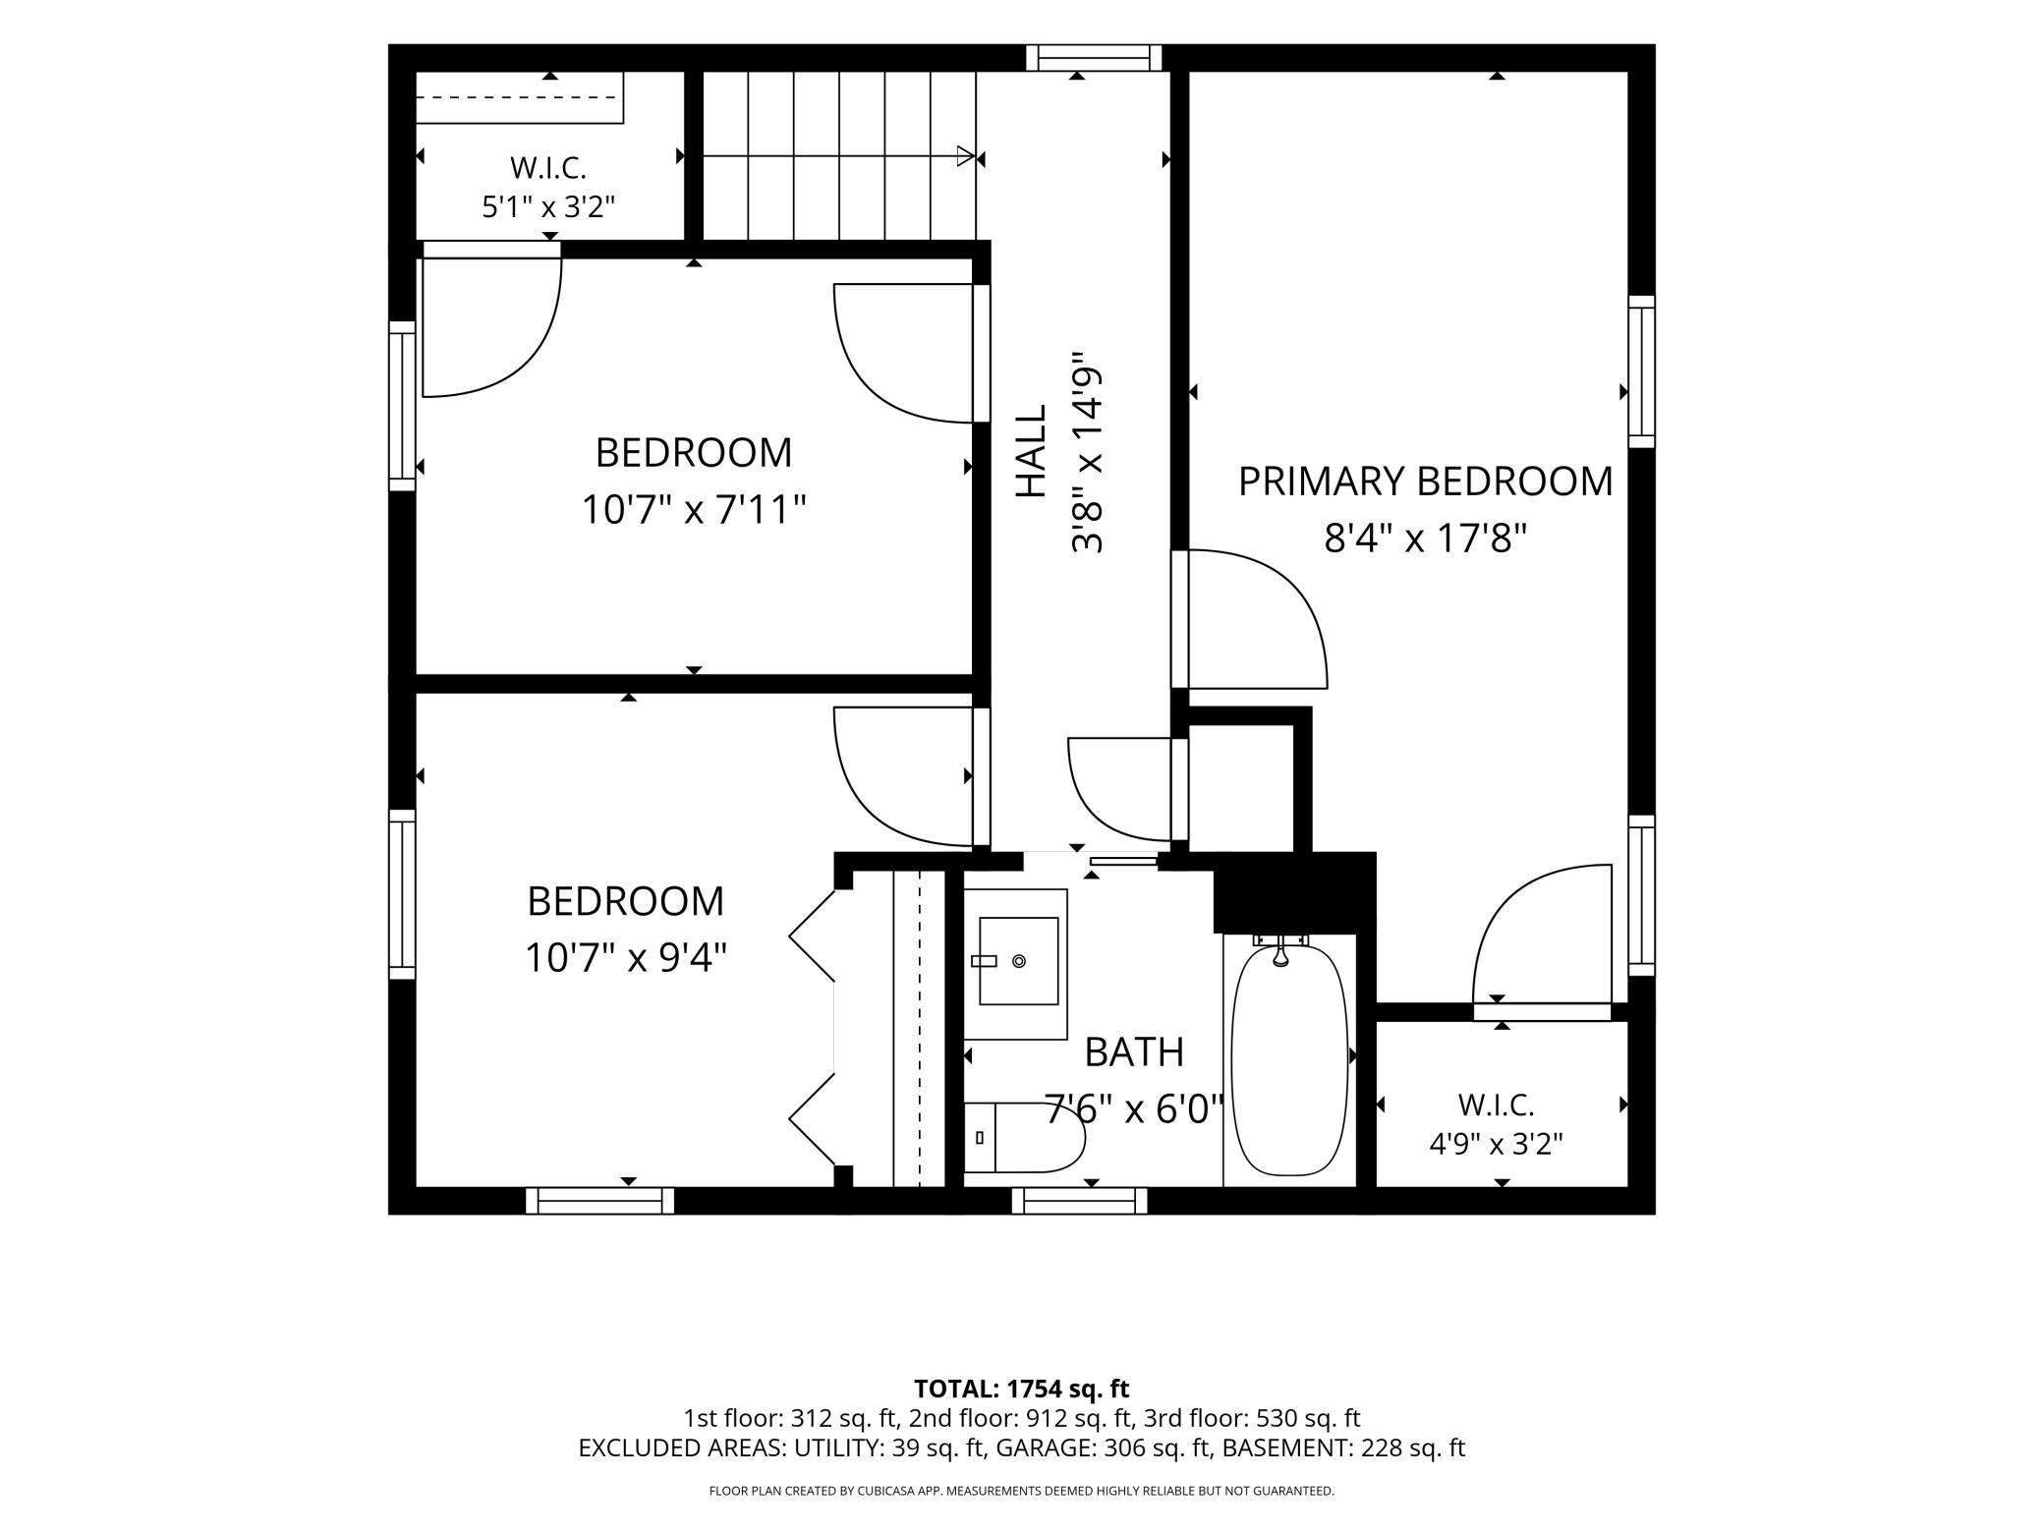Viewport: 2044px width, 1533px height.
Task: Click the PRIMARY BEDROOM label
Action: coord(1425,482)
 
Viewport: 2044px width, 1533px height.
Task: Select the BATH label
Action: coord(1134,1052)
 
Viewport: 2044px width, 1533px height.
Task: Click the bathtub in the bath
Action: coord(1289,1058)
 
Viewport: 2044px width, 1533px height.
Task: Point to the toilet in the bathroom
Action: coord(1024,1137)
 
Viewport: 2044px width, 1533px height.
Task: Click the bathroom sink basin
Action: coord(1018,960)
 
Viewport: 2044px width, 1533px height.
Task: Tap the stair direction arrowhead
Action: coord(966,156)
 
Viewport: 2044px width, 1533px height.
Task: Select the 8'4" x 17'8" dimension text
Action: coord(1425,539)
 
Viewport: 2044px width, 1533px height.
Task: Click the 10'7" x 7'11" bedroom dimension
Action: coord(694,510)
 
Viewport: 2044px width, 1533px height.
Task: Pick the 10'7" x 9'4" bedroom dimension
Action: coord(626,957)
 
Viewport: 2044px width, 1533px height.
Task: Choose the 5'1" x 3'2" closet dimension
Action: coord(548,207)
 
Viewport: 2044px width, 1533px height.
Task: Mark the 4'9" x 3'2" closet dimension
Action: coord(1496,1144)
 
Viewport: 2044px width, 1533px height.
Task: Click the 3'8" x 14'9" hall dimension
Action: coord(1088,452)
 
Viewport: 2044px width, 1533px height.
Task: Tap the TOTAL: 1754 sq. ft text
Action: coord(1021,1389)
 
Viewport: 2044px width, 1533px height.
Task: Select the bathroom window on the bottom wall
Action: coord(1080,1201)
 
